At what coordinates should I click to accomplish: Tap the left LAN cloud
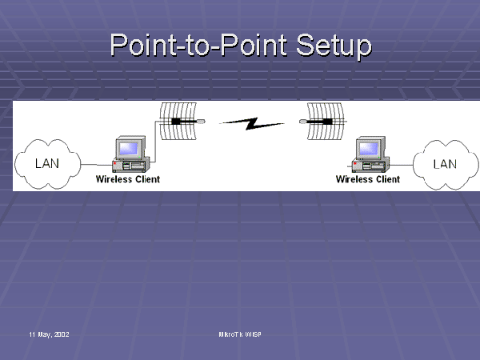pyautogui.click(x=47, y=164)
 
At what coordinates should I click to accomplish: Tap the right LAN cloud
pyautogui.click(x=444, y=164)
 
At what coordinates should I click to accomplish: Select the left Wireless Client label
pyautogui.click(x=128, y=179)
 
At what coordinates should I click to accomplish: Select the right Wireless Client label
pyautogui.click(x=367, y=179)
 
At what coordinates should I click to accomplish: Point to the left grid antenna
pyautogui.click(x=178, y=122)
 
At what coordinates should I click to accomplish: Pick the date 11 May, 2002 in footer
pyautogui.click(x=49, y=333)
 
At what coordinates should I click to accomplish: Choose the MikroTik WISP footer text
pyautogui.click(x=240, y=333)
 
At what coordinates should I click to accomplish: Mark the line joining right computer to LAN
pyautogui.click(x=403, y=165)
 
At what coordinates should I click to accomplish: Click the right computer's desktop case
pyautogui.click(x=369, y=166)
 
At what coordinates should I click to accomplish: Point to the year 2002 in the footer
pyautogui.click(x=61, y=333)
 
